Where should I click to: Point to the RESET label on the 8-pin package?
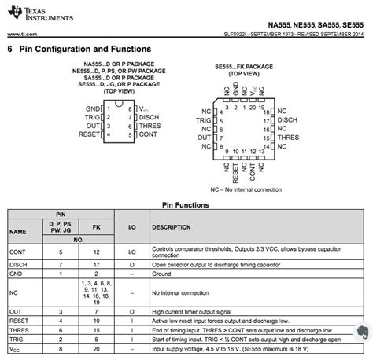(89, 134)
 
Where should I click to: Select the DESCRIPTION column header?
(172, 227)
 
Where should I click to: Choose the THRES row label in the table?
(19, 330)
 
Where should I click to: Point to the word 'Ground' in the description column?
(162, 274)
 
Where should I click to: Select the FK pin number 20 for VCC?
(96, 347)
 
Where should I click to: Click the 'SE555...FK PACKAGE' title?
(248, 68)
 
